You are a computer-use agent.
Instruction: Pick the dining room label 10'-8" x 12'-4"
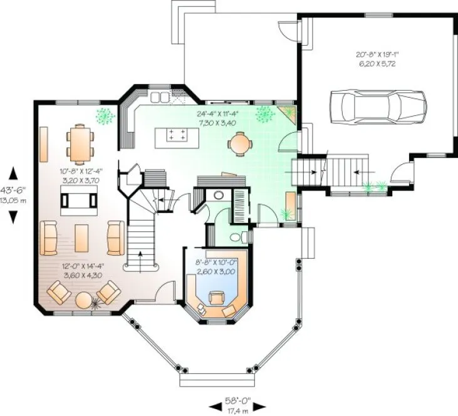[81, 175]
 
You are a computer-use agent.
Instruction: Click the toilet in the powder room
[236, 237]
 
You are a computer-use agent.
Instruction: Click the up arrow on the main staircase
[138, 256]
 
